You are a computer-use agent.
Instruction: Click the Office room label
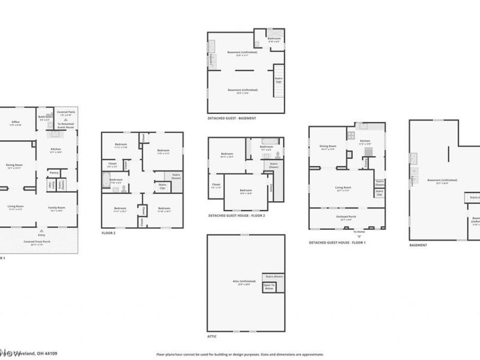point(16,123)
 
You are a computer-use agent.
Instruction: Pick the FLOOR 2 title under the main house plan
point(109,233)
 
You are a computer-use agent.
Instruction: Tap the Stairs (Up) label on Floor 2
point(161,188)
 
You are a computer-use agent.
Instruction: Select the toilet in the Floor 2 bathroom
point(123,187)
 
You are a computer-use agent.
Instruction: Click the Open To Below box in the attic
point(268,287)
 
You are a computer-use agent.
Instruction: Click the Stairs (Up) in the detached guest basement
point(278,79)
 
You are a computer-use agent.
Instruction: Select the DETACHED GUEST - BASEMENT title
point(232,118)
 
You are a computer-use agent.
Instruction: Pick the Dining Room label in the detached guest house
point(328,146)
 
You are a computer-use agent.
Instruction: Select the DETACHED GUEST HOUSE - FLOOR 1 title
point(337,242)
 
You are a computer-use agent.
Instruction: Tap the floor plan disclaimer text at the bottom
point(240,355)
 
